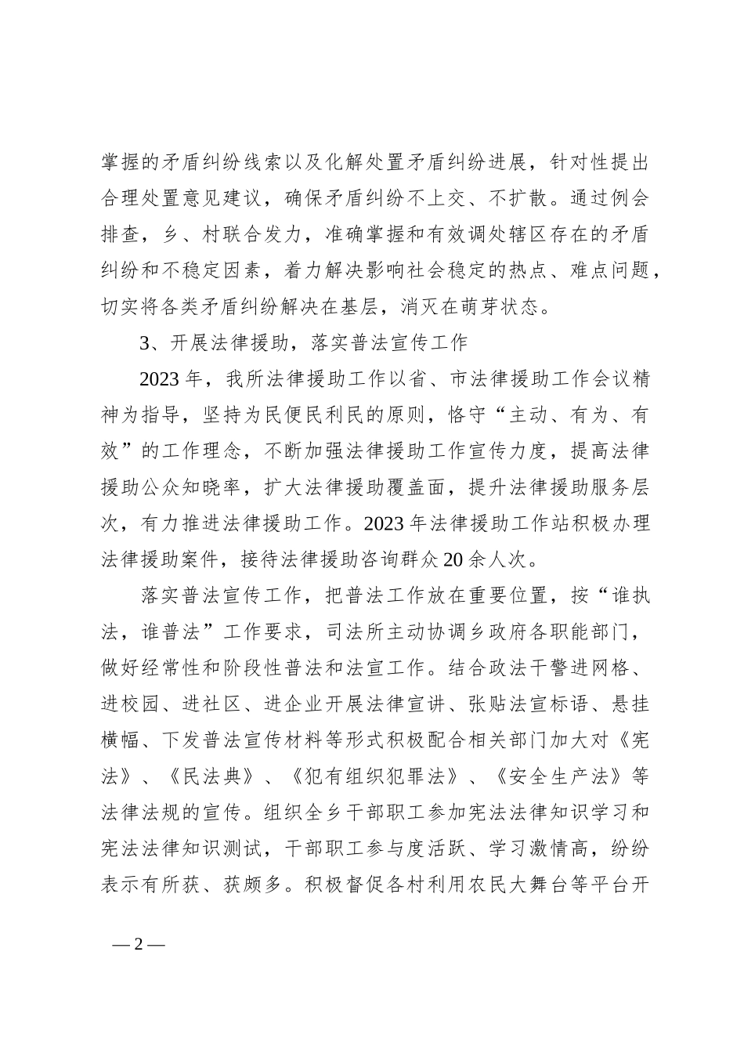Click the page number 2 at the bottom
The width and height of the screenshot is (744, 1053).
pos(139,943)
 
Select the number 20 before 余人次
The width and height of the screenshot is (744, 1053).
pos(453,559)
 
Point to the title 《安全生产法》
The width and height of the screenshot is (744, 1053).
pos(562,776)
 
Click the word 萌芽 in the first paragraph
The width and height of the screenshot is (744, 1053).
pos(468,306)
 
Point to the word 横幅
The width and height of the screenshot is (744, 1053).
pos(121,740)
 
